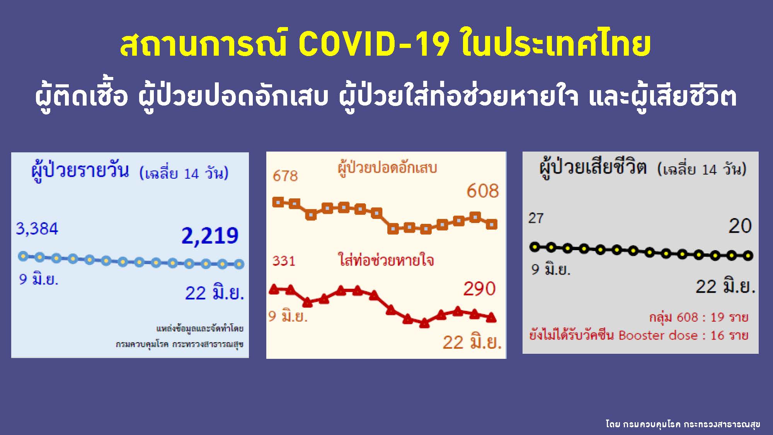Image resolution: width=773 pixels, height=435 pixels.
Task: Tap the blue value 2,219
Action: tap(210, 235)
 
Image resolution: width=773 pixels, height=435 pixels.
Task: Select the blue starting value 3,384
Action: tap(37, 229)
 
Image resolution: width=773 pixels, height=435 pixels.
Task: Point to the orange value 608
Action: tap(482, 191)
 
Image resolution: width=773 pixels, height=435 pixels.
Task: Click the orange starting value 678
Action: tap(285, 176)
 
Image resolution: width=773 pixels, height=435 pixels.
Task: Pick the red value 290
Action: tap(479, 289)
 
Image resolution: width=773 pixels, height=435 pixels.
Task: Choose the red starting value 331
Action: tap(284, 261)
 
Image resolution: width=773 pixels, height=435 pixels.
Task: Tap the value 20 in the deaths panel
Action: tap(740, 226)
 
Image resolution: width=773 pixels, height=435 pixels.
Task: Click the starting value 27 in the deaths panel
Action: tap(536, 218)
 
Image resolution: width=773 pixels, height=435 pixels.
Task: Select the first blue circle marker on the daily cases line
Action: tap(23, 256)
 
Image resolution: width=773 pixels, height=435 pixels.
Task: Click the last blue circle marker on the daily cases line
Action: tap(239, 264)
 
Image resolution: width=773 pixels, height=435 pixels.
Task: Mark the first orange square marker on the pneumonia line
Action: tap(278, 202)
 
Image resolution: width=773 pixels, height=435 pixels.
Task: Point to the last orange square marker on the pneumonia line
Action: tap(491, 224)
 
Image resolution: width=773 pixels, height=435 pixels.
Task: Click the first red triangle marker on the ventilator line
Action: tap(274, 289)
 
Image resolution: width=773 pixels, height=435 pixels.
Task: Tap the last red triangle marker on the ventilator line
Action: tap(491, 317)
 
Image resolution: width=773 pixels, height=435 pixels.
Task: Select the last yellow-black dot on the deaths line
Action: tap(748, 256)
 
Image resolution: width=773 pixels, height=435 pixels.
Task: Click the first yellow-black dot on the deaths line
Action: tap(535, 247)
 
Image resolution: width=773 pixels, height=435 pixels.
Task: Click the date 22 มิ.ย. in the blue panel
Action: tap(215, 293)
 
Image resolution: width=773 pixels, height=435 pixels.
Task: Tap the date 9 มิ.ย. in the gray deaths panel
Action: tap(551, 269)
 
